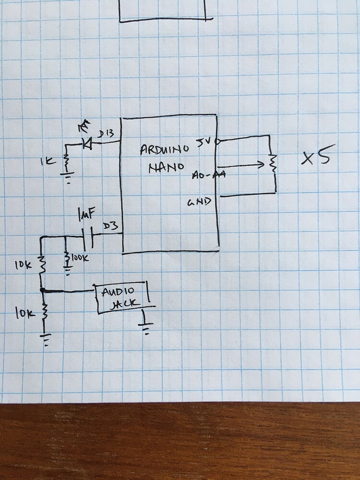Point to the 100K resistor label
(80, 259)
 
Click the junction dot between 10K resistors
(43, 290)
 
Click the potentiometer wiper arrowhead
(261, 165)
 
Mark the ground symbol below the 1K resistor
(67, 180)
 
